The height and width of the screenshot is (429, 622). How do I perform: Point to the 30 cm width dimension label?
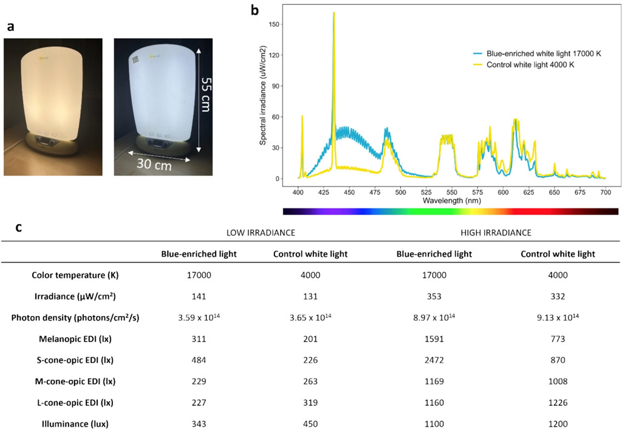coord(155,164)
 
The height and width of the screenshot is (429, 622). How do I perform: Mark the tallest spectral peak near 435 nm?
coord(334,13)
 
